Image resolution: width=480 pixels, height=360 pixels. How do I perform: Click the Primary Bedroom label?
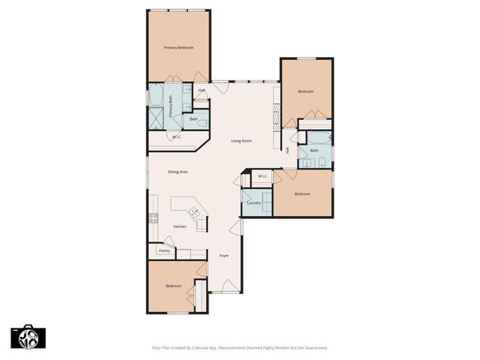(178, 48)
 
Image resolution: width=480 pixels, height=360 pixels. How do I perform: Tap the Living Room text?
(241, 141)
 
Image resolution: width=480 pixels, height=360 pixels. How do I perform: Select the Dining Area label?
(177, 172)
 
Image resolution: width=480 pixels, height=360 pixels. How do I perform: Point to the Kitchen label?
(180, 226)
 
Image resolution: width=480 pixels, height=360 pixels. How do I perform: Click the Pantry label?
(163, 250)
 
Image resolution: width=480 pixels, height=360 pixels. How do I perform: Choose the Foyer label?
(223, 256)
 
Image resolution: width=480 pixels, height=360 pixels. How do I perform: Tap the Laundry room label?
(253, 202)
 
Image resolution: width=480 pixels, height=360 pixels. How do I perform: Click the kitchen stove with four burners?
(153, 219)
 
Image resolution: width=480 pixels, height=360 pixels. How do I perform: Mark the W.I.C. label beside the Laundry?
(262, 176)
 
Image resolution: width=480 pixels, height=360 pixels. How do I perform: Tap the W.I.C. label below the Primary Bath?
(177, 136)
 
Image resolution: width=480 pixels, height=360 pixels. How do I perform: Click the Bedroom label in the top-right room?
(306, 91)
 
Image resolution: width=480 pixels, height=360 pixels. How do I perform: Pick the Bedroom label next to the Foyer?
(173, 286)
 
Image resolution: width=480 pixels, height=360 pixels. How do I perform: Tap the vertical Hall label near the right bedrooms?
(287, 149)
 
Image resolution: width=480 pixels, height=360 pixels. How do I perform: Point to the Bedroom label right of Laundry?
(301, 194)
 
